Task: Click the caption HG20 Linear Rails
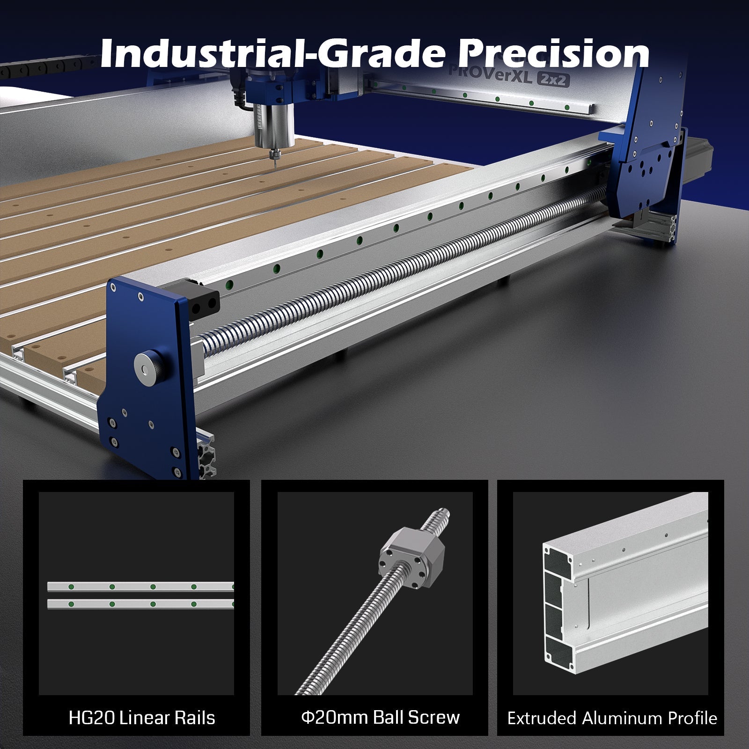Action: coord(141,718)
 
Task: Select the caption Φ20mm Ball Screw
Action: coord(380,717)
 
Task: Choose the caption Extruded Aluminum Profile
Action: coord(612,718)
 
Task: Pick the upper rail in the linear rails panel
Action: coord(140,587)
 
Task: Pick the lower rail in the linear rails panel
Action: coord(140,604)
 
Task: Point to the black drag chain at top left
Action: coord(47,70)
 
